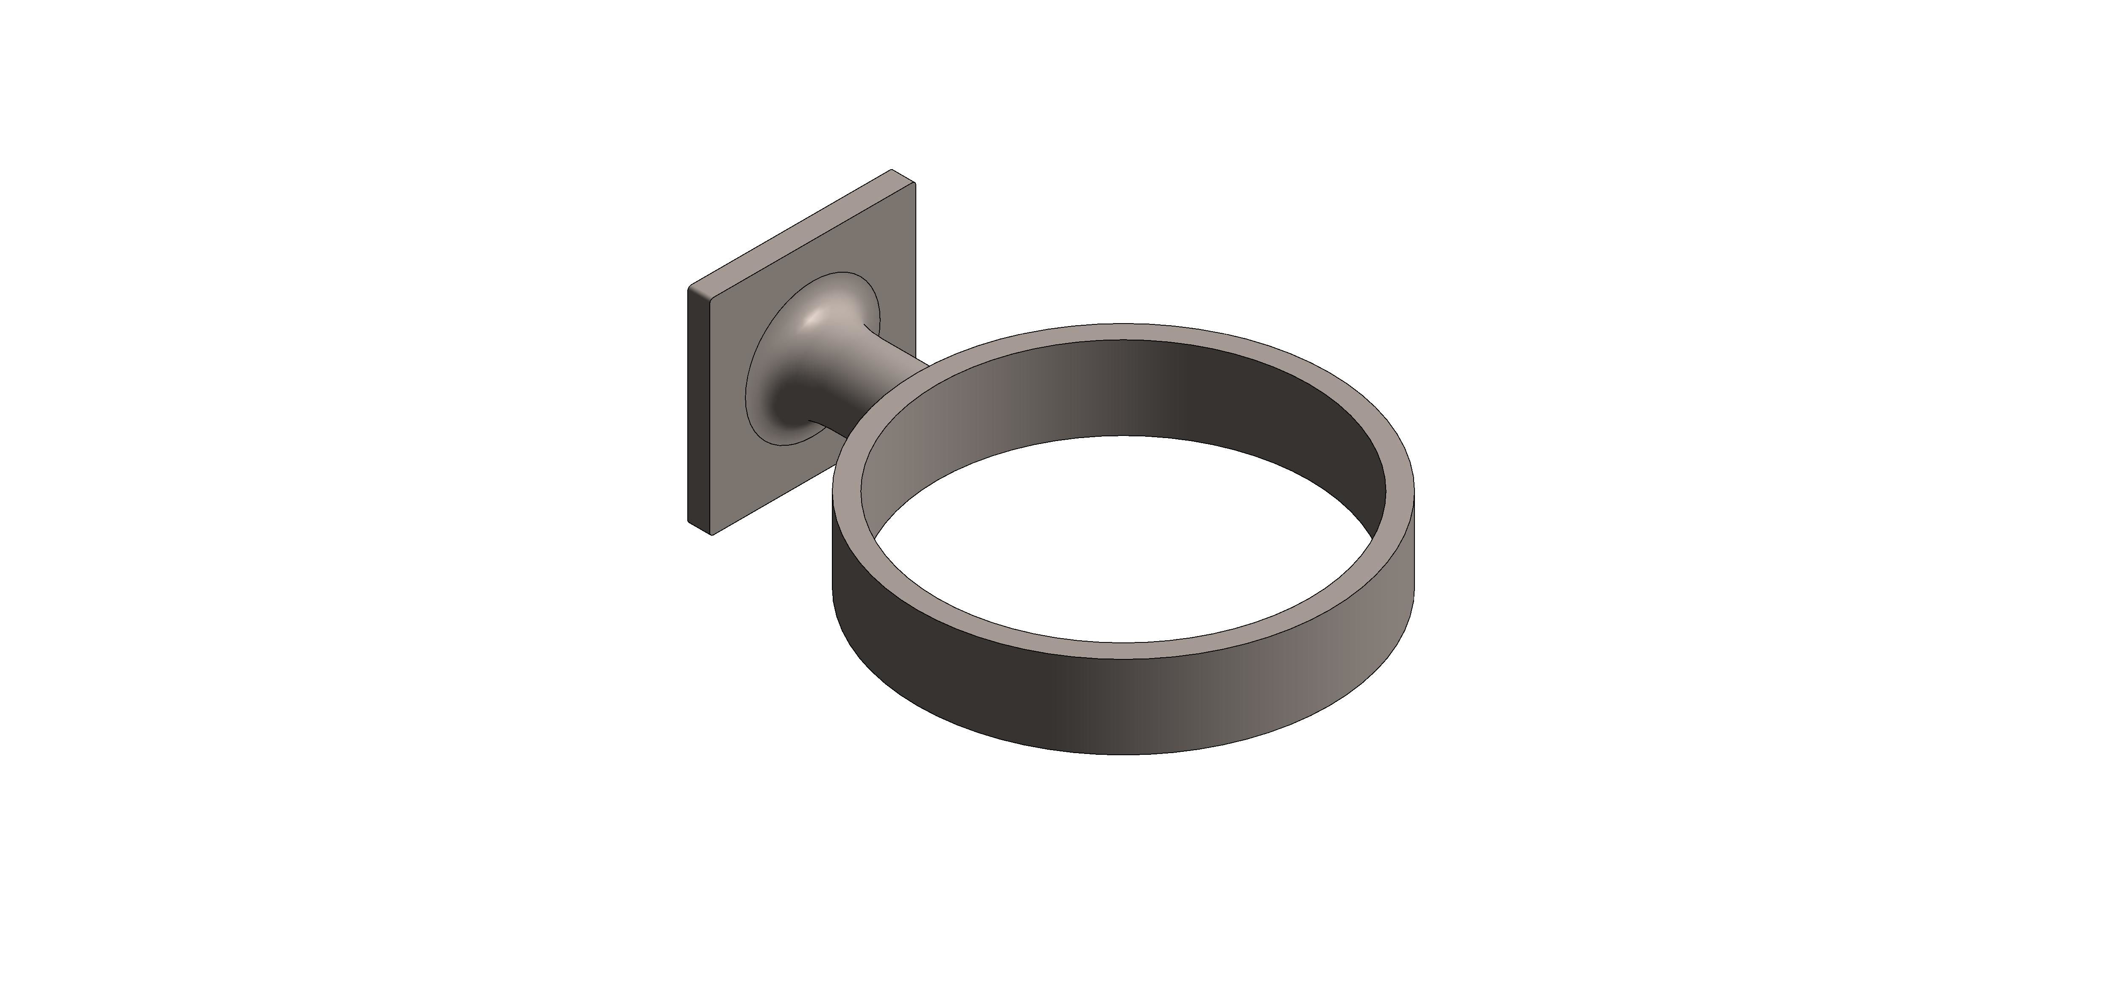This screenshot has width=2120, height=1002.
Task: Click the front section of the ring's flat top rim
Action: point(1123,650)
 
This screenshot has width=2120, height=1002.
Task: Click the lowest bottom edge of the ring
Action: point(1123,754)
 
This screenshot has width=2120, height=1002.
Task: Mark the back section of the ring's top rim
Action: point(1123,331)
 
